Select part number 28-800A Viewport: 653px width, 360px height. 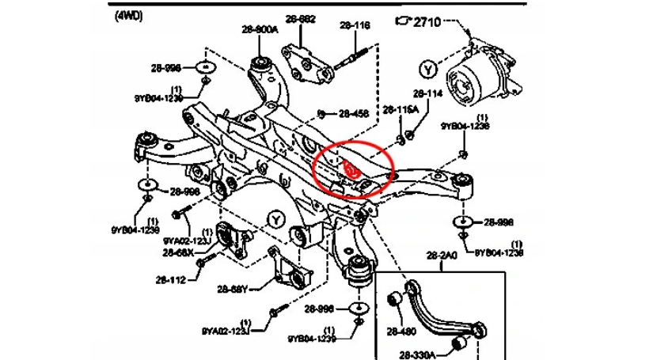[x=260, y=29]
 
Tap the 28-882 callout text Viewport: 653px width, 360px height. [x=301, y=18]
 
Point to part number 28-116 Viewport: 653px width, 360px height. [x=355, y=25]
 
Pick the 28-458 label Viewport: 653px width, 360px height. [x=354, y=114]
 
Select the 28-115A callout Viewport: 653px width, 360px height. [x=401, y=108]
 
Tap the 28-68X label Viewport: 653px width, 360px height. [x=179, y=253]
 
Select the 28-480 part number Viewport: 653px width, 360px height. [x=402, y=332]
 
